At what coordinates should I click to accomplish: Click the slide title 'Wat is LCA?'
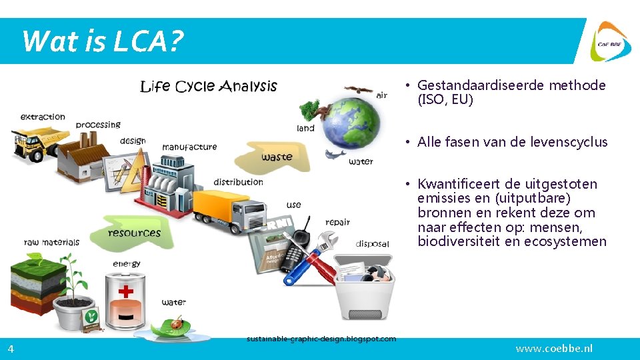pos(102,41)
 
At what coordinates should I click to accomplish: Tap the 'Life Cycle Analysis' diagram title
pos(208,86)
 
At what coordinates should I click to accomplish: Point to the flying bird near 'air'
pos(359,89)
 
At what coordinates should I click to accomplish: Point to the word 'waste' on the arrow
pos(277,157)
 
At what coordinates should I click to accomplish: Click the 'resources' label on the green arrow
pos(134,233)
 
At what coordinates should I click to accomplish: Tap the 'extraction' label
pos(43,117)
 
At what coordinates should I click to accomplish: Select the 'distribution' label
pos(238,182)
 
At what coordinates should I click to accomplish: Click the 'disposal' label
pos(372,243)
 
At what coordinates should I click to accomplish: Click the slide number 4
pos(11,349)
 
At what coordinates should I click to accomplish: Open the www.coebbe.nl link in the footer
pos(554,349)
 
